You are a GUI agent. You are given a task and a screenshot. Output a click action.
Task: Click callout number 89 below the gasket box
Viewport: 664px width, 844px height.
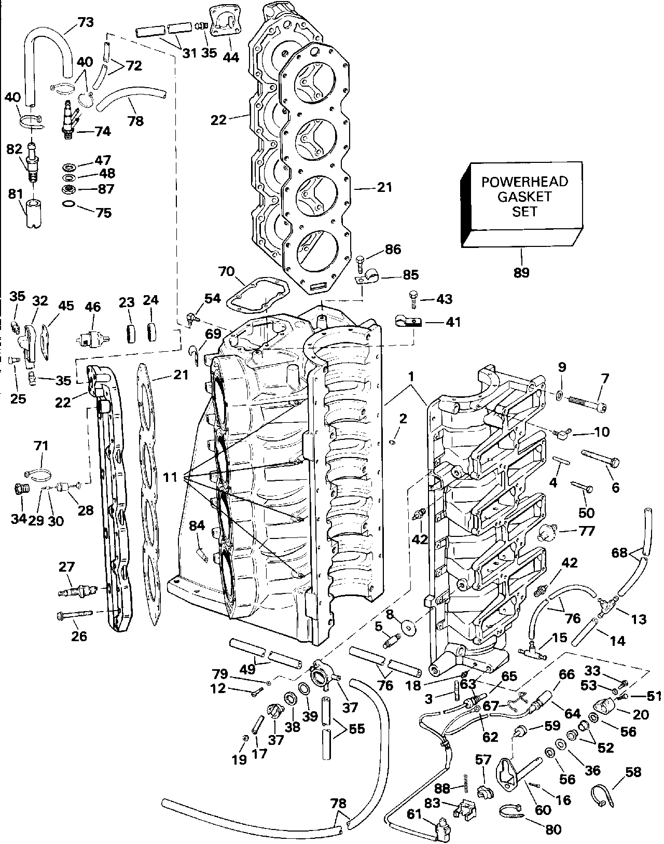point(522,272)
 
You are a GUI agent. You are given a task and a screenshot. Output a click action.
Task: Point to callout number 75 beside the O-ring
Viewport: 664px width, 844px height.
point(104,213)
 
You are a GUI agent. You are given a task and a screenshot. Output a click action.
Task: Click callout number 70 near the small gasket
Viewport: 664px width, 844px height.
point(226,271)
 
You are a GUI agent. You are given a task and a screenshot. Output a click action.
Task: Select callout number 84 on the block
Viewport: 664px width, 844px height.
point(197,526)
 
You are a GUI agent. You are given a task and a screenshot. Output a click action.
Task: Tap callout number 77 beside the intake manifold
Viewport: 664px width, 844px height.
point(586,531)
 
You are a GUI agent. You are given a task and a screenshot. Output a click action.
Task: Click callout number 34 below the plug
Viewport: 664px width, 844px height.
point(19,519)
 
